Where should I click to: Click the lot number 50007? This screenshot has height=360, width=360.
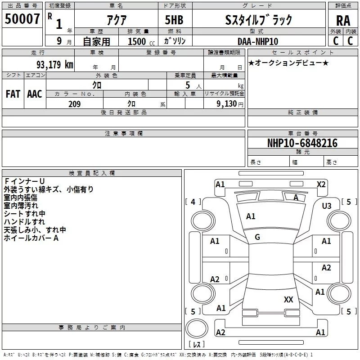tap(22, 19)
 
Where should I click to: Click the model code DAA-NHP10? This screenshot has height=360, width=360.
tap(258, 41)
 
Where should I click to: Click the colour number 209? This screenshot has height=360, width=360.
tap(74, 104)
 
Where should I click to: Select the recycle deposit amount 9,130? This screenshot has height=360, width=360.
tap(228, 104)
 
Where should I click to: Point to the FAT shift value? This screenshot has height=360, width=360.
tap(13, 94)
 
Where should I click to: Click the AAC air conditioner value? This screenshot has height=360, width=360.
tap(34, 94)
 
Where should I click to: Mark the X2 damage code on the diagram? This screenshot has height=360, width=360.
tap(321, 184)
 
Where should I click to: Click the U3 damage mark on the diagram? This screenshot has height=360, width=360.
tap(327, 206)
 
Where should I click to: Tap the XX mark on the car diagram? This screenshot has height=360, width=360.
tap(288, 299)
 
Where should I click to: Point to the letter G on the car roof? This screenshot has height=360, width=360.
tap(257, 237)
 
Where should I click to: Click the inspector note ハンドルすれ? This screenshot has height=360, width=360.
tap(24, 222)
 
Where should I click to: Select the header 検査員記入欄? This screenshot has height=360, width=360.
tap(92, 173)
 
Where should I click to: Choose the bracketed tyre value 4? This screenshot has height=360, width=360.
tap(193, 202)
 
